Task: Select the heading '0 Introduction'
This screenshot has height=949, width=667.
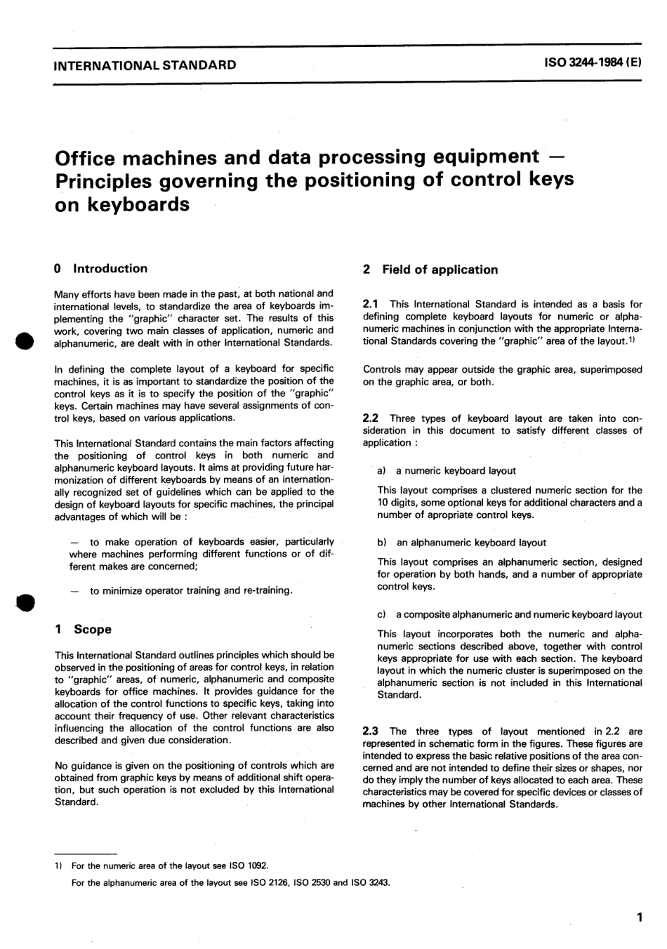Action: click(x=100, y=268)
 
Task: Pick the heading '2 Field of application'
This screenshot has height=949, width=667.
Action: click(x=430, y=270)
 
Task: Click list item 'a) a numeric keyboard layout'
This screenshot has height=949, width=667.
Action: click(x=447, y=471)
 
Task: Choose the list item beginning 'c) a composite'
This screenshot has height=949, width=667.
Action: click(x=510, y=614)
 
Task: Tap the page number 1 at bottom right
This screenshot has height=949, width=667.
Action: click(x=639, y=917)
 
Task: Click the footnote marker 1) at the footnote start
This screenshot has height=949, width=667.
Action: click(x=59, y=865)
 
